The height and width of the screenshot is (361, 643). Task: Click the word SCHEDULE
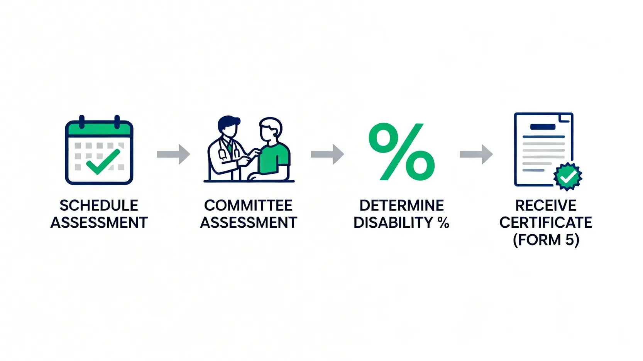click(99, 206)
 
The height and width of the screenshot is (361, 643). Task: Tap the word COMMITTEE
click(248, 206)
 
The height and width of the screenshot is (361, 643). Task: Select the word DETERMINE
click(401, 206)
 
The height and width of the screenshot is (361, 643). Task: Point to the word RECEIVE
click(545, 206)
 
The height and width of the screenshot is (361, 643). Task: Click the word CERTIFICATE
click(545, 223)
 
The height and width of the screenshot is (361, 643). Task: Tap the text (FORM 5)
click(545, 240)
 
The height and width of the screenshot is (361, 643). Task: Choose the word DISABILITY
click(394, 223)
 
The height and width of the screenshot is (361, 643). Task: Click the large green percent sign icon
click(401, 152)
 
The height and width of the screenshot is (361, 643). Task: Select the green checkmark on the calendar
click(103, 161)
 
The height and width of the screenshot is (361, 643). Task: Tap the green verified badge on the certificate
click(567, 177)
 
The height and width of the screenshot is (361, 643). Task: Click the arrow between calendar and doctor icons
click(173, 154)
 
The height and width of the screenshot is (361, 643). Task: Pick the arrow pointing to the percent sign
click(327, 154)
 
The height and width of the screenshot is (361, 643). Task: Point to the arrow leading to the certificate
click(476, 154)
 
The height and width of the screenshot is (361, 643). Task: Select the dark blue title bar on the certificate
click(543, 127)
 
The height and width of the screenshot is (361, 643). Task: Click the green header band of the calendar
click(99, 129)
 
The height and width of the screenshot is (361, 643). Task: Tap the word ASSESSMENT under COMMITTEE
click(248, 223)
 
